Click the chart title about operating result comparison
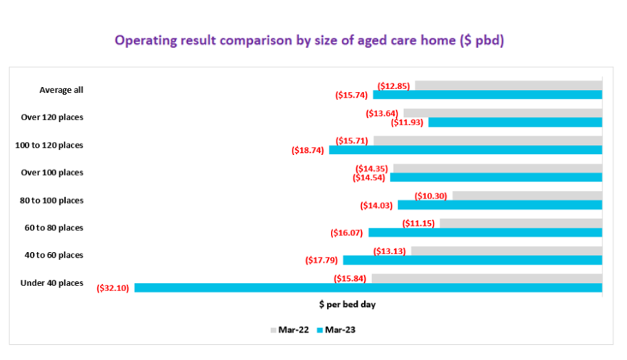pos(309,41)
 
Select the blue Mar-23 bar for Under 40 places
pos(368,288)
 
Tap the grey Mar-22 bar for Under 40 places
pos(487,279)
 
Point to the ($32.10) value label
pos(112,288)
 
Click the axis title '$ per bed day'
pos(347,305)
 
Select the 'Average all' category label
pos(62,90)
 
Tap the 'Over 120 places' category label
pos(51,117)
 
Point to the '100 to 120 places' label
pos(49,145)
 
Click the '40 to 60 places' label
pos(54,255)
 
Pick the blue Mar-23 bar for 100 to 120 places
pos(466,150)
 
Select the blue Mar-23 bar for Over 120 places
pos(515,122)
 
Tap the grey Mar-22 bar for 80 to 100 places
pos(527,196)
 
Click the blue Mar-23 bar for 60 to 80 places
pos(485,233)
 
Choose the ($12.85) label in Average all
pos(392,85)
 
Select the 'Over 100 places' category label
pos(51,172)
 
